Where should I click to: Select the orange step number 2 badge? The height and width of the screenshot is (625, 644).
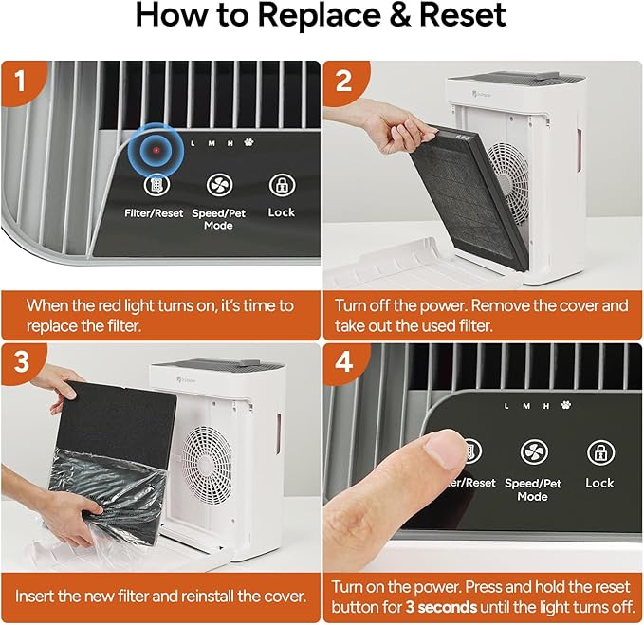pos(343,81)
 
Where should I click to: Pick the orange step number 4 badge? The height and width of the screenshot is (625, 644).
pos(343,362)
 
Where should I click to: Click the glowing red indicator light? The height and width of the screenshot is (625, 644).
pos(156,151)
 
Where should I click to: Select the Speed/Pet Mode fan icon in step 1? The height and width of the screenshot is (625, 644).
pos(218,186)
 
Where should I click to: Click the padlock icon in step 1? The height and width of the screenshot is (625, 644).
pos(282,185)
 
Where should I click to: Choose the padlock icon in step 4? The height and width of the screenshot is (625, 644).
pos(598,452)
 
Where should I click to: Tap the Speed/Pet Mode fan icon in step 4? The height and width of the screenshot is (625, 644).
pos(533,452)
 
